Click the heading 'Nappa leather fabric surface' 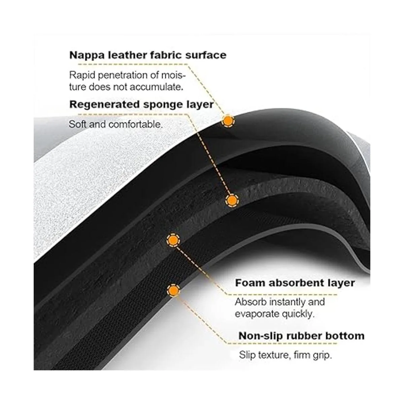tap(147, 55)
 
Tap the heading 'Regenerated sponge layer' tap(141, 104)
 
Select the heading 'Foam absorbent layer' tap(295, 283)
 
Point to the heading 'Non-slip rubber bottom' tap(301, 336)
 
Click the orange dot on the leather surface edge tap(228, 121)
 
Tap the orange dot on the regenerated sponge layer tap(231, 201)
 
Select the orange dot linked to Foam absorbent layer tap(173, 240)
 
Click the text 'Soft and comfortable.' tap(115, 125)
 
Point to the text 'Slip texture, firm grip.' tap(285, 355)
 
